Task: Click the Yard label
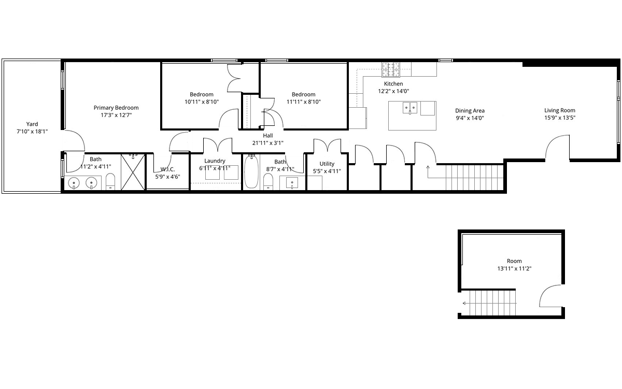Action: (32, 124)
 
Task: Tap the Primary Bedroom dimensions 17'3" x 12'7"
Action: (116, 115)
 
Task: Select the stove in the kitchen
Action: (391, 69)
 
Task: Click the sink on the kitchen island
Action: (410, 108)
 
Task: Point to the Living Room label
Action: (560, 110)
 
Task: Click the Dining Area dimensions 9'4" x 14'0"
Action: (470, 118)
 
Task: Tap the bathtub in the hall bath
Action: (251, 171)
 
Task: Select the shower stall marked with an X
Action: (133, 172)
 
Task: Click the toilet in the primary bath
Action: (110, 181)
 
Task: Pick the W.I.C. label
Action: (168, 169)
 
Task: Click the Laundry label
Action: (215, 161)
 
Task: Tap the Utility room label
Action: (327, 164)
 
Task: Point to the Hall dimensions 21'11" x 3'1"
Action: (268, 143)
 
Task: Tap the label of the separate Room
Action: (514, 261)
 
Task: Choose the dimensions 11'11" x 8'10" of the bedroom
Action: (304, 102)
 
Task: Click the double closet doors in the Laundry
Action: (218, 145)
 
